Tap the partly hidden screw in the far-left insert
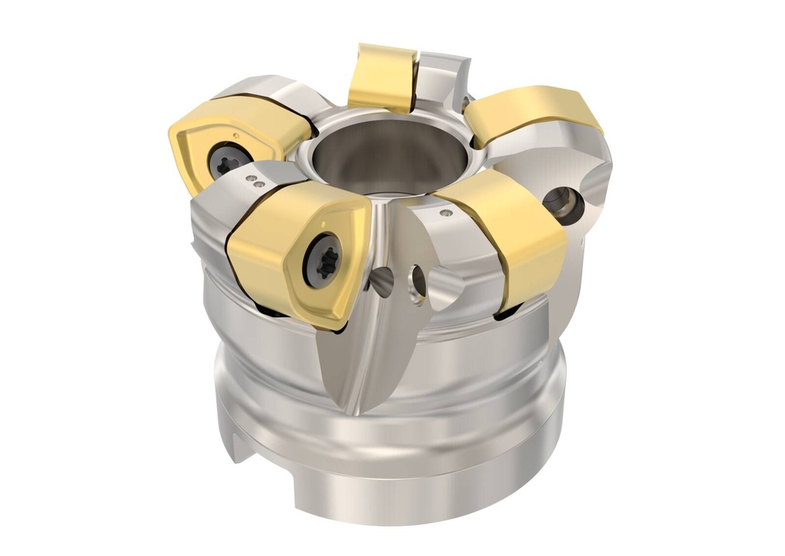228,160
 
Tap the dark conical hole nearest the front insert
381,283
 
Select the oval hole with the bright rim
419,283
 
